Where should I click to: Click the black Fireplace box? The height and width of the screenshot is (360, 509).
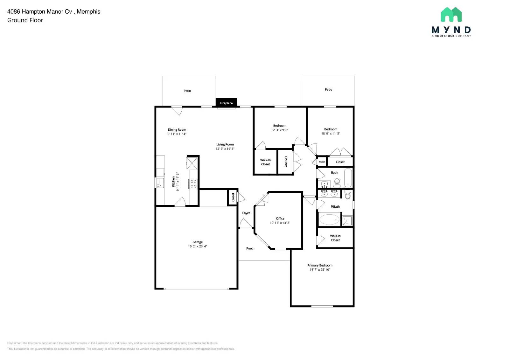(226, 103)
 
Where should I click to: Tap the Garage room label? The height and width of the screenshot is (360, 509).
(197, 242)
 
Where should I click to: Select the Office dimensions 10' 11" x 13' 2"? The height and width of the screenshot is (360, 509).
(280, 223)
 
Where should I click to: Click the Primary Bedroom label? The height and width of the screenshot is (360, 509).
(320, 265)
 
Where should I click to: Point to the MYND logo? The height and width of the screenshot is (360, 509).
(451, 22)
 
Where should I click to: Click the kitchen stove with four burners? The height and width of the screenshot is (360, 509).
(193, 184)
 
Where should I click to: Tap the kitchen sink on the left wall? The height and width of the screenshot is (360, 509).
(160, 183)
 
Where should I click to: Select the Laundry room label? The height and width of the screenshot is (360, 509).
(285, 162)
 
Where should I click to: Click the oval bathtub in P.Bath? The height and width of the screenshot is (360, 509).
(329, 219)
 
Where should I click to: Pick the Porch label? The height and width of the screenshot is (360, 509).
(250, 248)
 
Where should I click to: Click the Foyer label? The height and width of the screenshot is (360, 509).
(246, 213)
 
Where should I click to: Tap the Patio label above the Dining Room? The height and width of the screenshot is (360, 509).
(187, 91)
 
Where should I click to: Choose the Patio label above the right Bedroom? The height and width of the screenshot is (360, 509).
(328, 90)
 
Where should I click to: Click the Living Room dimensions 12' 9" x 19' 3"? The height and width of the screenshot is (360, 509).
(225, 149)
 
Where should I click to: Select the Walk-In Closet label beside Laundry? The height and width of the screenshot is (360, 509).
(265, 162)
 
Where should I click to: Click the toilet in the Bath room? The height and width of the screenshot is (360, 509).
(337, 182)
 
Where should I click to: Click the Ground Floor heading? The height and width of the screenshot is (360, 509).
(25, 20)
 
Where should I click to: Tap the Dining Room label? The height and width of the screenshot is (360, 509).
(177, 129)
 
